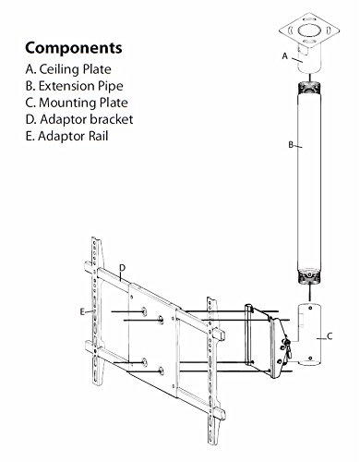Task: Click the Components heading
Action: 74,48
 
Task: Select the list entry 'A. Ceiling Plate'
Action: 68,69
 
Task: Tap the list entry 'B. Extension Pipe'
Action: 75,86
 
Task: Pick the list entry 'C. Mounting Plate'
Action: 77,103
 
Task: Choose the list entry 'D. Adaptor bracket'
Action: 79,119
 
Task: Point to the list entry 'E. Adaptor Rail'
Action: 67,136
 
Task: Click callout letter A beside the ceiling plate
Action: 285,56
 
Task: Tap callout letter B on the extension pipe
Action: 291,145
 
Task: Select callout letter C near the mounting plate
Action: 330,336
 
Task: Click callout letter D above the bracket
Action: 123,268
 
